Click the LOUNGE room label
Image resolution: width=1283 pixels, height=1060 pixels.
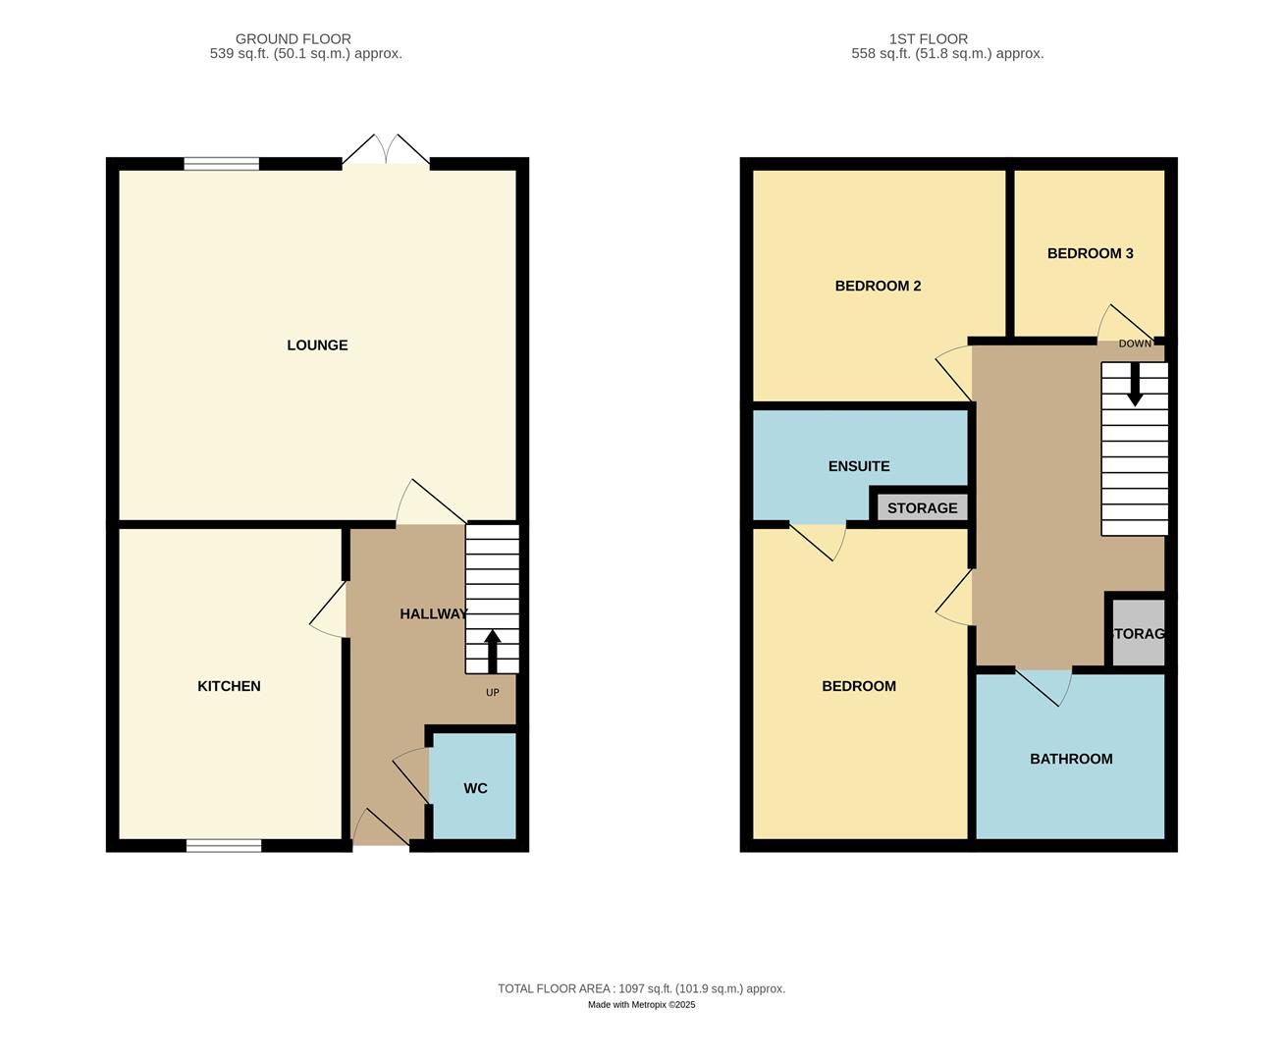[317, 345]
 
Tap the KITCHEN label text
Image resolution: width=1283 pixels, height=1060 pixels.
[229, 686]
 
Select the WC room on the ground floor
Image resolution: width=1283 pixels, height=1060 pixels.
[475, 788]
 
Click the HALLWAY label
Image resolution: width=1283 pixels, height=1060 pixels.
[433, 614]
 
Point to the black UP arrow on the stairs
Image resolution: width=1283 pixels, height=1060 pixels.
[493, 651]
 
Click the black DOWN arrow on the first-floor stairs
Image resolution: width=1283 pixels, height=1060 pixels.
[1135, 385]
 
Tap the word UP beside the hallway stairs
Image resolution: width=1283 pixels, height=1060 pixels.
[493, 693]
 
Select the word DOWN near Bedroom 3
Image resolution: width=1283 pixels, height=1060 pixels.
[1135, 344]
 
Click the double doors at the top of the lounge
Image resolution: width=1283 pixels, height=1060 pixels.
[386, 151]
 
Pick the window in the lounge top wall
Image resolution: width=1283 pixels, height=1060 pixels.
[222, 164]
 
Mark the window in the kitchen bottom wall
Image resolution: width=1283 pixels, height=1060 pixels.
[224, 845]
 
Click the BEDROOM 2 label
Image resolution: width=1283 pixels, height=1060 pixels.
[878, 287]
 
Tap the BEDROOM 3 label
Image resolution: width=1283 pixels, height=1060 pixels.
[1090, 253]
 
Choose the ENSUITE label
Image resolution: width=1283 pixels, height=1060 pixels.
[859, 466]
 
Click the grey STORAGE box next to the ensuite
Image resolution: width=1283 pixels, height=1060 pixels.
[922, 507]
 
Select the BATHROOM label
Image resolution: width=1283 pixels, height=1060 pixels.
[1071, 759]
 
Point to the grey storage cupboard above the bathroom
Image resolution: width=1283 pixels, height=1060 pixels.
[1138, 633]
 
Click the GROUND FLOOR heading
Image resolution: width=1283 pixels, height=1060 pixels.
[293, 39]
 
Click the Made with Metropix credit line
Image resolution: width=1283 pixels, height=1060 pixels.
[641, 1005]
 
